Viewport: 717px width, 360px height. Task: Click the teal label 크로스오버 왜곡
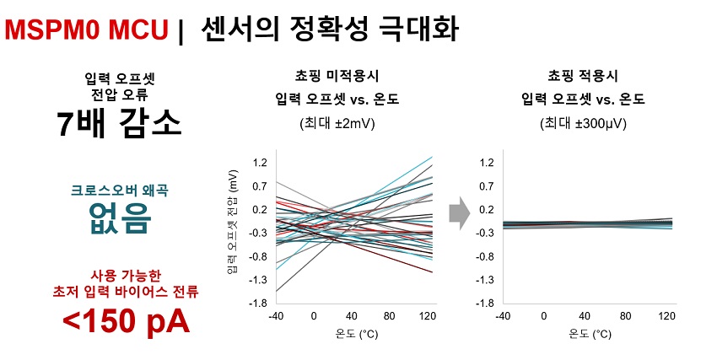tap(121, 189)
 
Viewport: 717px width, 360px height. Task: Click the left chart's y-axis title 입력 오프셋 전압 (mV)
tap(233, 223)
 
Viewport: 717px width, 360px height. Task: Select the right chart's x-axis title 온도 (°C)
tap(588, 335)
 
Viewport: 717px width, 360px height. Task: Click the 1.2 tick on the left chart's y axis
tap(260, 162)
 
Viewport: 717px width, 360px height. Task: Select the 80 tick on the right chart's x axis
tap(626, 316)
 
